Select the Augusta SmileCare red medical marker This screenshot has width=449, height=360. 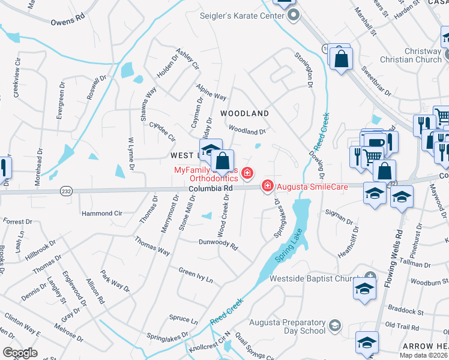point(267,187)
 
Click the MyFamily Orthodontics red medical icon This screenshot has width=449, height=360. point(247,174)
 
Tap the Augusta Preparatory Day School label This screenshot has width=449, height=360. point(288,325)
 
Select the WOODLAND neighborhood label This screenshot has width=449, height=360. point(244,113)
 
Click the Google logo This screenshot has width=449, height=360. point(20,353)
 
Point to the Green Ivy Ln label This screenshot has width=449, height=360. point(196,274)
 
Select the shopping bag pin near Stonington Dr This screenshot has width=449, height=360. point(341,59)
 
